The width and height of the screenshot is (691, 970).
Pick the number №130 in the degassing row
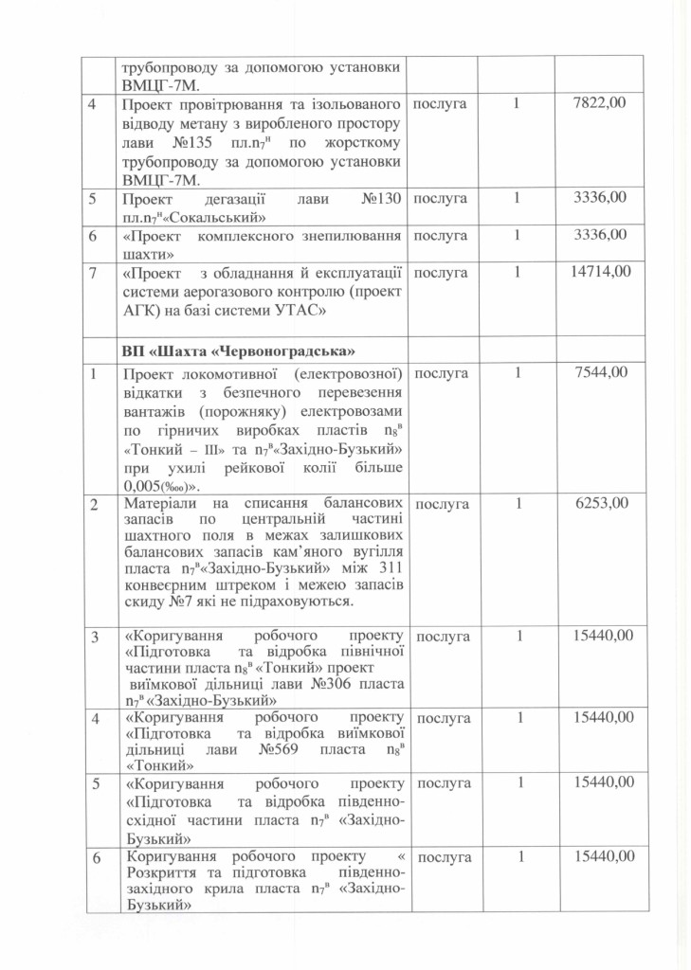point(383,198)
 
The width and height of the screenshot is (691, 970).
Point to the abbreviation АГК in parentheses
point(141,309)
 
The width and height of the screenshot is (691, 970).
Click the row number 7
point(91,272)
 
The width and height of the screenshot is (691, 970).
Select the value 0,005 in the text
point(143,486)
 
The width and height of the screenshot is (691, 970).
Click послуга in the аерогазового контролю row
point(442,272)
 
